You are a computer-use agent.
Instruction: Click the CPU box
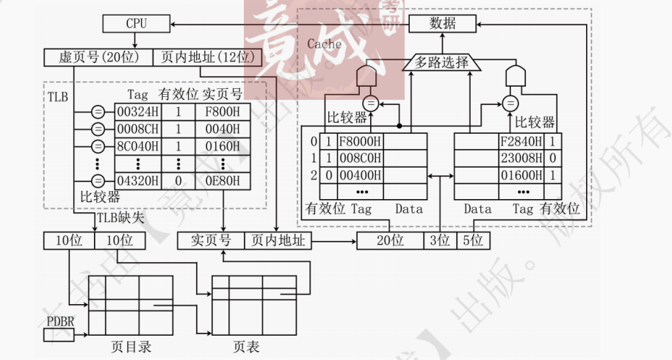point(136,24)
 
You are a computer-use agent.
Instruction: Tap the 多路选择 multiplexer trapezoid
point(441,62)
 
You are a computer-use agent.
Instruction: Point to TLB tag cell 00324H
point(137,112)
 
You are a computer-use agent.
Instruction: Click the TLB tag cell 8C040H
point(137,145)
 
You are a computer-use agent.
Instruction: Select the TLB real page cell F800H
point(223,112)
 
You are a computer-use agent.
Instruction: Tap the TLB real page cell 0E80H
point(223,180)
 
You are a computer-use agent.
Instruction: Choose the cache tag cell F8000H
point(359,141)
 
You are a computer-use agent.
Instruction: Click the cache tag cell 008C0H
point(359,158)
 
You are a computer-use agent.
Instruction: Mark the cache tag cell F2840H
point(520,141)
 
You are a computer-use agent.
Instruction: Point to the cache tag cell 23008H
point(520,158)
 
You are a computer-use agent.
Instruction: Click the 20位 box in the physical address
point(390,240)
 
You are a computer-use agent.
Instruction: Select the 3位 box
point(439,240)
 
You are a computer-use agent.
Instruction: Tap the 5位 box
point(473,240)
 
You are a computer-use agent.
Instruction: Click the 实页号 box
point(211,240)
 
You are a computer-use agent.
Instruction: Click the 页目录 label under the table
point(131,347)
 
